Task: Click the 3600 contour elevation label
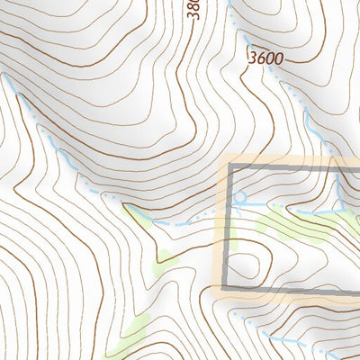pyautogui.click(x=266, y=58)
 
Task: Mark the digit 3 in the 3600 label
pyautogui.click(x=252, y=58)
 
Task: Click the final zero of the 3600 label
pyautogui.click(x=280, y=58)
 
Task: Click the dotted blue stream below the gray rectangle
pyautogui.click(x=288, y=343)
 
